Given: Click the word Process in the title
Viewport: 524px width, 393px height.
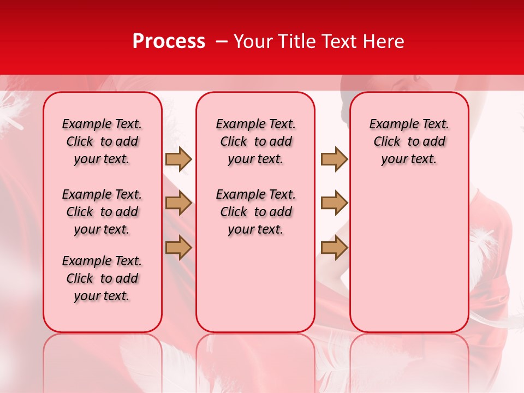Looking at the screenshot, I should (x=169, y=41).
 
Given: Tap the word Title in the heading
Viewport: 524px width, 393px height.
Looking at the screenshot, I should (x=297, y=41).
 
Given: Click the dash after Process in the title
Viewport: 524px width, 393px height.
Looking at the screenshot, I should (x=221, y=42).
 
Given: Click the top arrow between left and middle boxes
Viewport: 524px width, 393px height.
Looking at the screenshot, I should (x=178, y=159).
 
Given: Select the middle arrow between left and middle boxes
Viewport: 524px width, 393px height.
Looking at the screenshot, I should (x=178, y=203).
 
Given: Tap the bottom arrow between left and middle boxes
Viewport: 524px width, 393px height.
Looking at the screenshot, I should (x=178, y=247).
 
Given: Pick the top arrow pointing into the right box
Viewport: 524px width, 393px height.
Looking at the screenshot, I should (x=334, y=159).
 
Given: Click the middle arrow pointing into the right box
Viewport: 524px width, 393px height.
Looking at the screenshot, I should (x=334, y=203).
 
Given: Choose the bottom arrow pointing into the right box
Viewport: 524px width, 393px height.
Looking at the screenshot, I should (x=334, y=247).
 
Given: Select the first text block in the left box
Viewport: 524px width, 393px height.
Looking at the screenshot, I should (x=102, y=141).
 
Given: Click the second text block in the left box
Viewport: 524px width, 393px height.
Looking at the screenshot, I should (x=102, y=212).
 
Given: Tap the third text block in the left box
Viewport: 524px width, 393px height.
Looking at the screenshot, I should (x=102, y=278).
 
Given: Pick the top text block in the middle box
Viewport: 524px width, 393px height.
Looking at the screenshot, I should (x=255, y=141).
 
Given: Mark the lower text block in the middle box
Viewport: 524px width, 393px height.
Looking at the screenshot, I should (x=255, y=212).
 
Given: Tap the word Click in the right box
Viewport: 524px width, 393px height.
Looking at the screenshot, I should (x=387, y=142).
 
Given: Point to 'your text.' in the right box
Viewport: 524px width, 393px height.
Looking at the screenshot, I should (x=409, y=159).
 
